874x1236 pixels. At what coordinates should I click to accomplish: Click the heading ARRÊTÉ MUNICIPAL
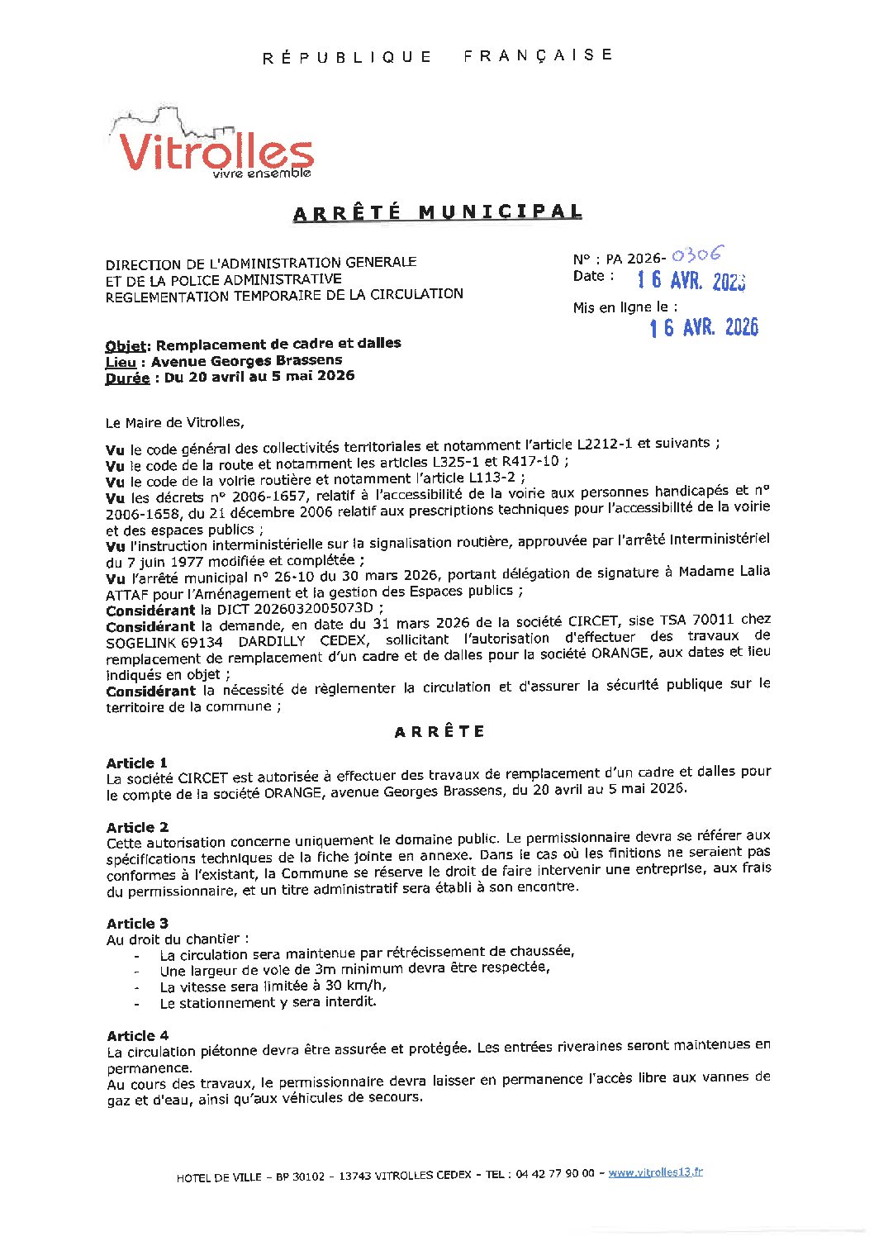coord(437,212)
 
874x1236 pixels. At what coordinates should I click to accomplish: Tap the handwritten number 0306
coord(697,255)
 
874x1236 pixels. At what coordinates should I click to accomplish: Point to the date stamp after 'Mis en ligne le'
coord(703,328)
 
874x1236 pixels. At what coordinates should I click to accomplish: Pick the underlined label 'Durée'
coord(127,378)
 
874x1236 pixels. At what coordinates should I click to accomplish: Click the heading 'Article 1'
coord(137,763)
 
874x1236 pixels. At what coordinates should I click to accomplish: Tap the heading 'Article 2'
coord(137,827)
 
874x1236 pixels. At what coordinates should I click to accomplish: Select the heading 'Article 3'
coord(137,923)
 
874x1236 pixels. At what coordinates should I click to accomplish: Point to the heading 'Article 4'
coord(137,1035)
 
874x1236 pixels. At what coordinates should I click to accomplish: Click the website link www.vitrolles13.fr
coord(655,1172)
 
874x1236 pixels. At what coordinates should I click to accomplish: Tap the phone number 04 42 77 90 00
coord(554,1174)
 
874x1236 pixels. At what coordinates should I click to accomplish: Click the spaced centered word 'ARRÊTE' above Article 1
coord(439,732)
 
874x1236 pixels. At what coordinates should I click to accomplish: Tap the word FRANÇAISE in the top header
coord(538,55)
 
